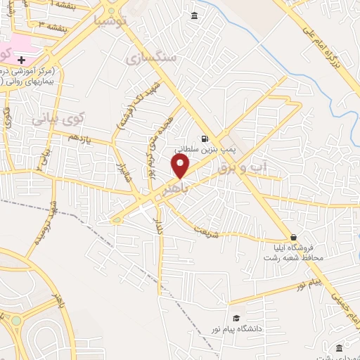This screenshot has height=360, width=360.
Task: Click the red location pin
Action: (x=181, y=166)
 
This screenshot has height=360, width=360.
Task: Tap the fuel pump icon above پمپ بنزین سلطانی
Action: (x=205, y=139)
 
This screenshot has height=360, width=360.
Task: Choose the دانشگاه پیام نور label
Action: (x=236, y=329)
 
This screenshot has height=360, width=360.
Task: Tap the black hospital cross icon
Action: (x=22, y=59)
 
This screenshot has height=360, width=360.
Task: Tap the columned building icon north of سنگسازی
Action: (x=194, y=16)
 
